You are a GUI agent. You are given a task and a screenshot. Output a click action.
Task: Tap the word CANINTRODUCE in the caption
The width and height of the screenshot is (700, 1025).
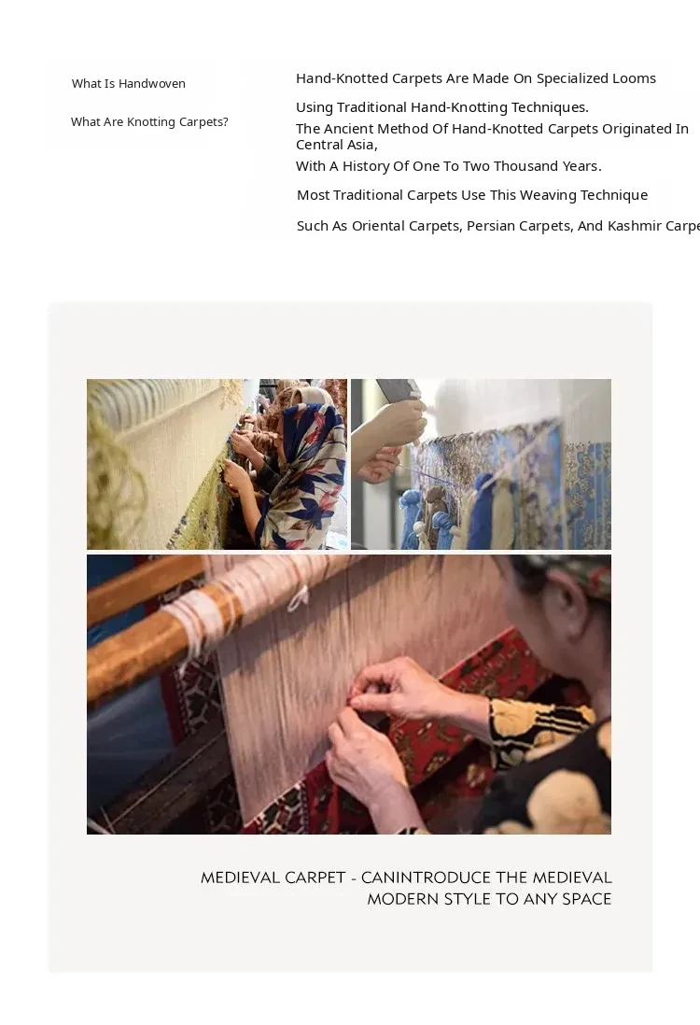tap(426, 878)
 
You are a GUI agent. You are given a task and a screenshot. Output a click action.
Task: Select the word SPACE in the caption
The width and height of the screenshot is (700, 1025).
tap(586, 900)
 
